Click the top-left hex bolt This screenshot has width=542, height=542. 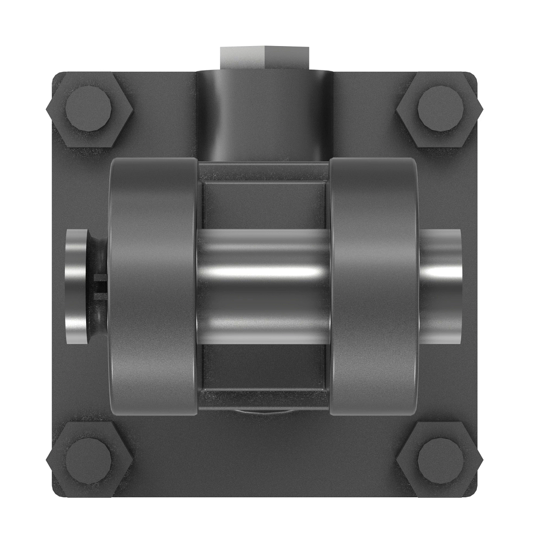[x=89, y=109]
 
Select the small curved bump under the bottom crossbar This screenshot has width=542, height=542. [x=264, y=412]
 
